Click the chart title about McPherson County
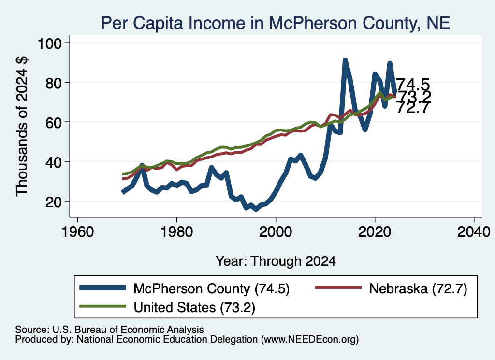(275, 23)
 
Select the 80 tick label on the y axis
(53, 83)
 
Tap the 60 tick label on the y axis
(53, 122)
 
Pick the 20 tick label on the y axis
(53, 202)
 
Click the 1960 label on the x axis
(78, 232)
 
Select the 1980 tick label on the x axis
(177, 232)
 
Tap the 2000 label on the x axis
(276, 232)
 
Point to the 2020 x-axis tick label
(375, 232)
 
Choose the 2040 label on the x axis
(474, 232)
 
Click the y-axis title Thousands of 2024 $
(22, 126)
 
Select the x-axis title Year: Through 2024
(276, 261)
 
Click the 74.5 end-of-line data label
(413, 85)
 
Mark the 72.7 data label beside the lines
(413, 108)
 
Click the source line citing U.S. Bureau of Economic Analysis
(110, 330)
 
